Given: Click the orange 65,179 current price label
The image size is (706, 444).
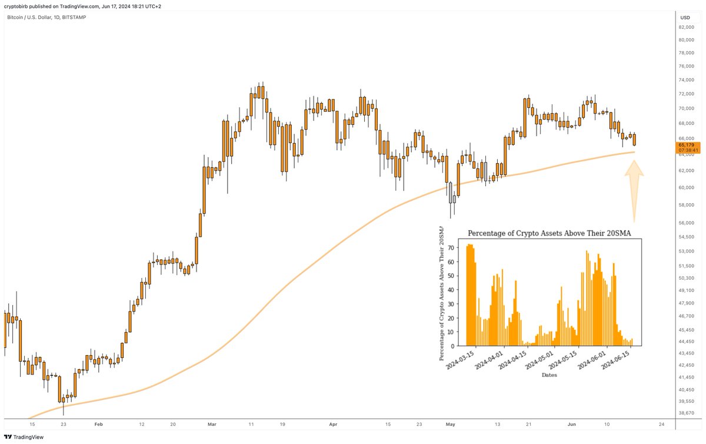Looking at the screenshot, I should (x=687, y=144).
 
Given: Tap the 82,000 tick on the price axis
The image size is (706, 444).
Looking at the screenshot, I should (x=687, y=27).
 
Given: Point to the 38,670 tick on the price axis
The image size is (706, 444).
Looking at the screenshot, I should (x=687, y=413).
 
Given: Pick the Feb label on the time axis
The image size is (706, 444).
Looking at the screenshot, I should (x=98, y=424).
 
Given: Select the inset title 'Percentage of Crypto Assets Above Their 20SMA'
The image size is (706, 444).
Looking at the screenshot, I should (x=549, y=233).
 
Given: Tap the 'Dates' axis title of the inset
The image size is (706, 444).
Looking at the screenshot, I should (x=549, y=375).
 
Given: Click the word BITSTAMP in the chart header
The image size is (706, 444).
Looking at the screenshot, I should (x=75, y=18).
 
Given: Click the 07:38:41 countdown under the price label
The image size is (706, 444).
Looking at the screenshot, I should (x=687, y=150).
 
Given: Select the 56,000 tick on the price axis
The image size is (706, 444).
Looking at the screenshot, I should (x=687, y=223).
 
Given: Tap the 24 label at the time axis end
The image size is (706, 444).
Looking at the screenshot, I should (x=662, y=424).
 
